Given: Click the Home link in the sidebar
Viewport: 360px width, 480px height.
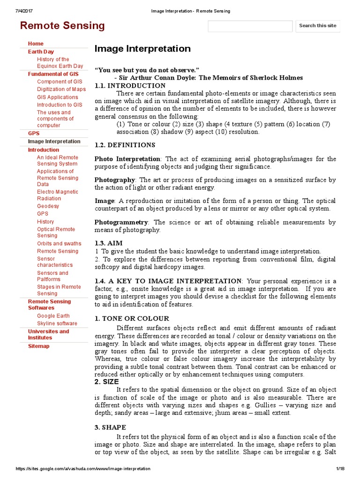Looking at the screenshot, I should point(36,44).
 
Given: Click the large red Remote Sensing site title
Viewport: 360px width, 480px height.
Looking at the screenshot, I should point(62,26).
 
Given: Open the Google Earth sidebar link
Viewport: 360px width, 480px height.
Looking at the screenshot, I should point(53,315).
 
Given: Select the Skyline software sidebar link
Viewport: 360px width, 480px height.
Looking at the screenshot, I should point(57,323).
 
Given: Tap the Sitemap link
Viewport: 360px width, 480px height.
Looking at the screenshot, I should point(38,346).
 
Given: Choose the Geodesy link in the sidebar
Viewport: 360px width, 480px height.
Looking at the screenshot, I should point(48,206).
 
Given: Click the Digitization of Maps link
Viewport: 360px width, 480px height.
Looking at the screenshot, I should point(61,89).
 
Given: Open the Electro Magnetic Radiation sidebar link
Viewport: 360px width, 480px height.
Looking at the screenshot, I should point(58,195).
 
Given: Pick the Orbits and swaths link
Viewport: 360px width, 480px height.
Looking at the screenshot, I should point(59,243).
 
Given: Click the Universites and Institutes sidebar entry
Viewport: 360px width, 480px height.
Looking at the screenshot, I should point(48,334).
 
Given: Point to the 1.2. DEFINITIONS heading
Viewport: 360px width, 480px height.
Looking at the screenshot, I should point(125,145).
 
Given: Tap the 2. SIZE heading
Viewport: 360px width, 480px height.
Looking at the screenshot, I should point(107,382).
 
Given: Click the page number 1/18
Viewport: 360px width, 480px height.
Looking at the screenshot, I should point(340,469).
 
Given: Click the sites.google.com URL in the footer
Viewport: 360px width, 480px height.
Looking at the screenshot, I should point(83,469).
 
